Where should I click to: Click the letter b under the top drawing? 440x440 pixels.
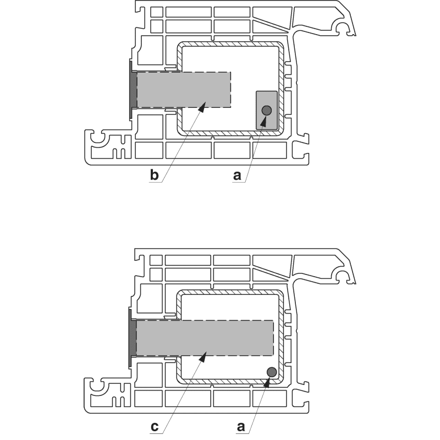tap(155, 175)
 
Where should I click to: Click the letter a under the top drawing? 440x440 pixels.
tap(237, 175)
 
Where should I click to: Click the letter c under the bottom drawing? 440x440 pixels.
tap(155, 427)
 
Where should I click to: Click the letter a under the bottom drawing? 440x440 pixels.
tap(241, 427)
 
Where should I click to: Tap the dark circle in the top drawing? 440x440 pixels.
tap(267, 111)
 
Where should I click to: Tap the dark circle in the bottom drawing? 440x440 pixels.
tap(272, 372)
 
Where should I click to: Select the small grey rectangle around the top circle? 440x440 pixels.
tap(267, 111)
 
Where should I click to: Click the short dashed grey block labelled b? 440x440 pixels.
tap(184, 90)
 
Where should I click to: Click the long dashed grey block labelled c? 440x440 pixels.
tap(205, 338)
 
